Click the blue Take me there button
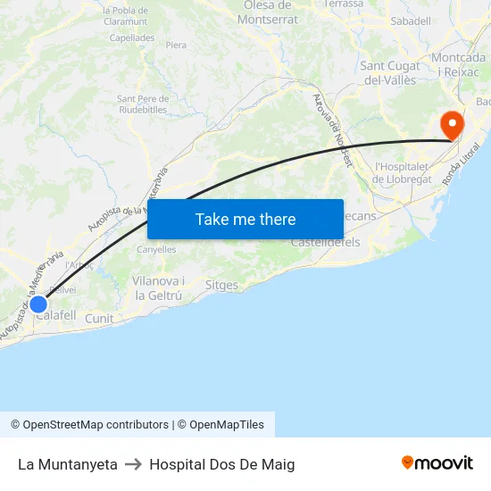tap(245, 219)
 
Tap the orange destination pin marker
tap(453, 124)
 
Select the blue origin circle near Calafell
tap(38, 304)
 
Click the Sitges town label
tap(221, 286)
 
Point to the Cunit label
tap(99, 319)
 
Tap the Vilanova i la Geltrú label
tap(158, 287)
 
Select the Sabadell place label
tap(411, 21)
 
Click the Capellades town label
tap(131, 38)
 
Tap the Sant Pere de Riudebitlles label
tap(142, 104)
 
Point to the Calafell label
tap(56, 315)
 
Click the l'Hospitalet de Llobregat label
tap(404, 172)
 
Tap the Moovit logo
tap(437, 462)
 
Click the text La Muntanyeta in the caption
tap(68, 464)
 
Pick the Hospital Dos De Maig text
tap(222, 464)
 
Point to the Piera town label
tap(176, 45)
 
